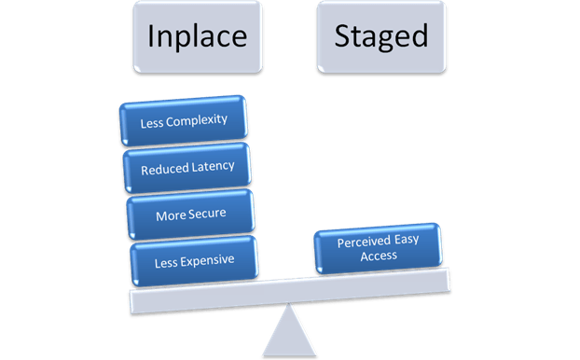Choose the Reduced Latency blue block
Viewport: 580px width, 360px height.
pyautogui.click(x=187, y=169)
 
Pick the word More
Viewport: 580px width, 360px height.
pyautogui.click(x=170, y=214)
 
